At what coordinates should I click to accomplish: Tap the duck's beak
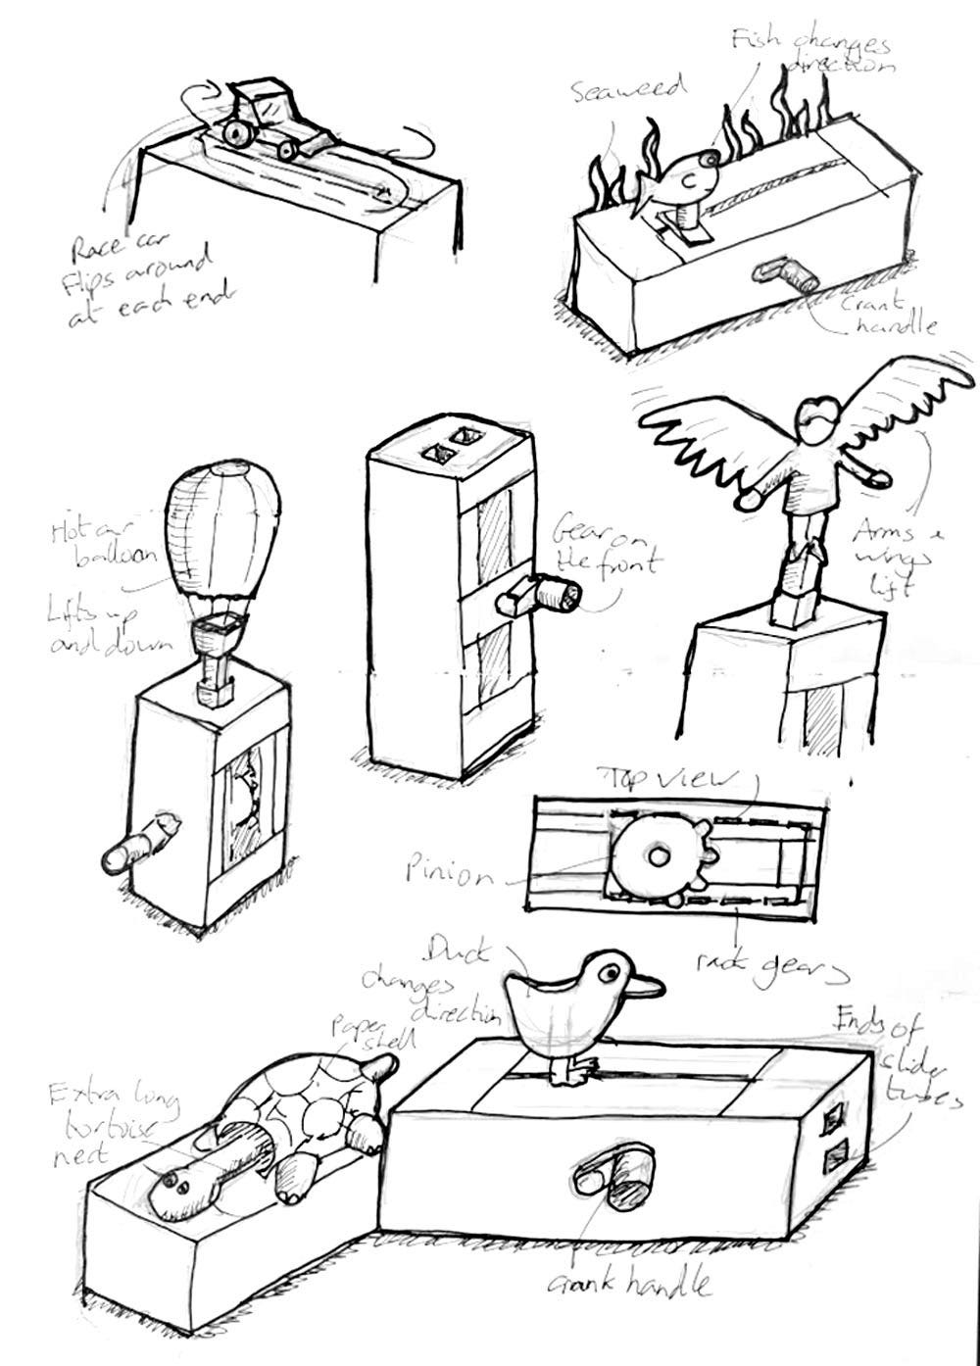(643, 985)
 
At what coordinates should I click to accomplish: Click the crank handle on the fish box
(783, 272)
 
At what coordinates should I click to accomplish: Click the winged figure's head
(816, 417)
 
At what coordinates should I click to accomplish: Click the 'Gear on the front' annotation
(603, 550)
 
